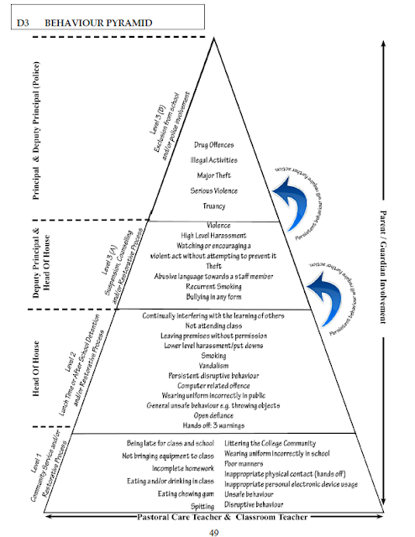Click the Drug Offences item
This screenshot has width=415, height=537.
[209, 145]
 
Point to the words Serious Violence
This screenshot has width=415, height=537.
[209, 190]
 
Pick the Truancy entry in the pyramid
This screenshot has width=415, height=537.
[209, 206]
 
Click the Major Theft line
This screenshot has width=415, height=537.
[209, 175]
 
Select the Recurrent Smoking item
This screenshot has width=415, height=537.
[209, 286]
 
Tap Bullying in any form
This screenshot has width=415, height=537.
[209, 298]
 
